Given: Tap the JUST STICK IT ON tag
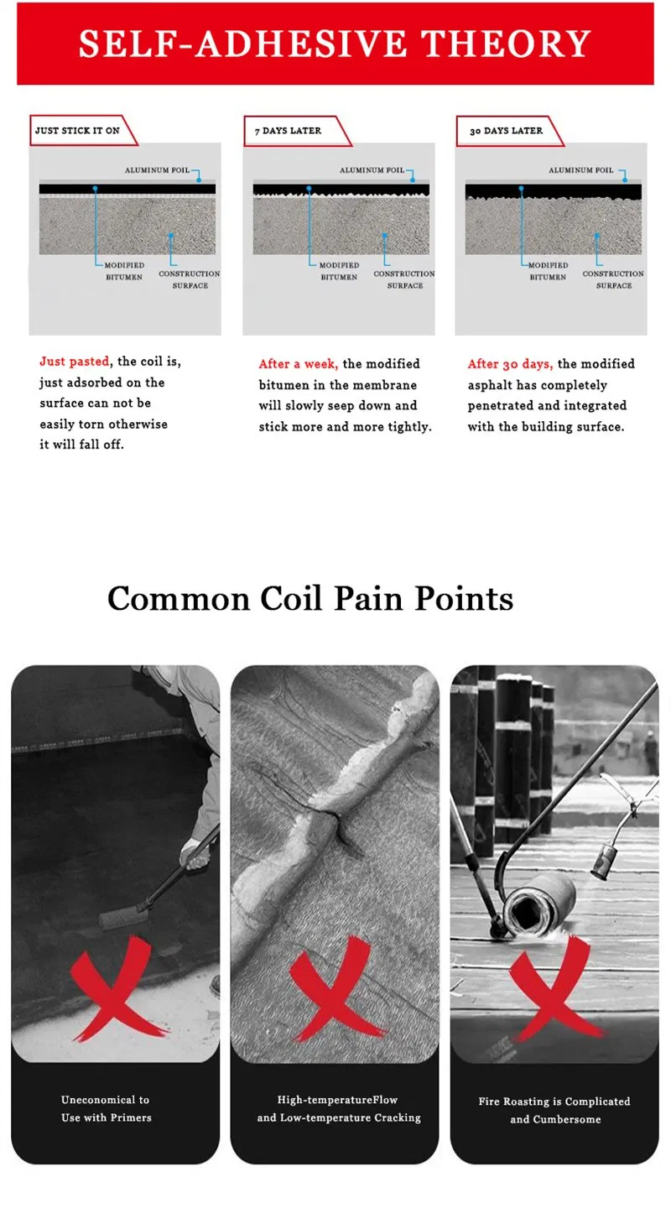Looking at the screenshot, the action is coord(82,131).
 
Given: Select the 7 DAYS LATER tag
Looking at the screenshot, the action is coord(296,131).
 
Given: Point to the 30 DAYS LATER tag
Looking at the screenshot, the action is coord(509,131).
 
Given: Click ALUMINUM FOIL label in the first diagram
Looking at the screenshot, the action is coord(157,170).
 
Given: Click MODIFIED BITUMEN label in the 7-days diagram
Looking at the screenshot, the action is coord(339,271).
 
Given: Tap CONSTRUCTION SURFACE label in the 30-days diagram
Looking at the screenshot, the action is coord(613,279).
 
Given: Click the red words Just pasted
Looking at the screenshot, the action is coord(74,361).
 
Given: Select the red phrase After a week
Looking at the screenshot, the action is coord(298,364).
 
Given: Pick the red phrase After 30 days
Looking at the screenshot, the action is coord(509,364).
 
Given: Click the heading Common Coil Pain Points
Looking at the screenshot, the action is coord(310,598).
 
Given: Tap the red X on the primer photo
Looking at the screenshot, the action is coord(117,988).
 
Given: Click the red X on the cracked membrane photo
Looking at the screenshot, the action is coord(335,988).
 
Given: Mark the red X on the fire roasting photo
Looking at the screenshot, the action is coord(555,988).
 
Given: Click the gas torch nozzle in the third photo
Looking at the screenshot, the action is coord(603,860).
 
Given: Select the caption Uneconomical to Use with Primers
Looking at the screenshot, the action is coord(106,1108).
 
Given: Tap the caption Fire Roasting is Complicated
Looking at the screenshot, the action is coord(554,1101).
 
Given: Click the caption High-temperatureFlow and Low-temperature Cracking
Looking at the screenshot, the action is coord(339,1108).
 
